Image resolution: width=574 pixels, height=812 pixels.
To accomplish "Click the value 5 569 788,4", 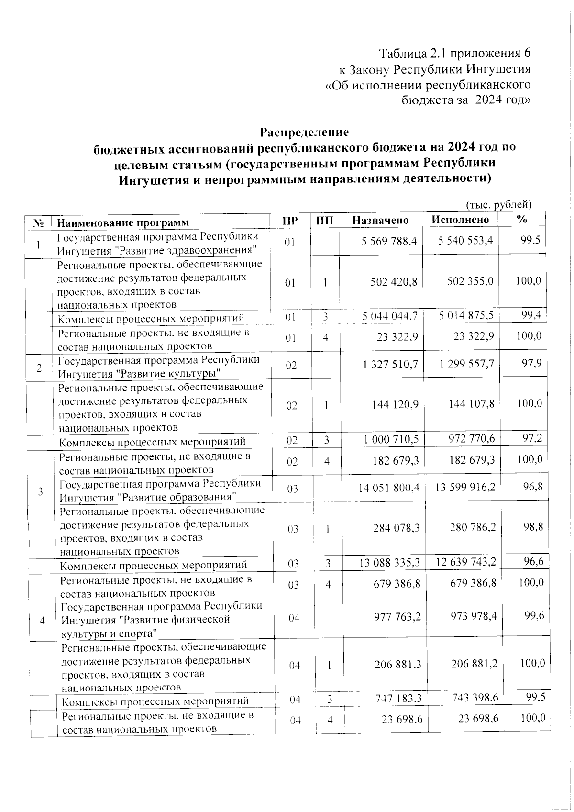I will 389,241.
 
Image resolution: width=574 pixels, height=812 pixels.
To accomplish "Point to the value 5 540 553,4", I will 465,241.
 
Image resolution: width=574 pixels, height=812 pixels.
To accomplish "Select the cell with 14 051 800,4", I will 389,488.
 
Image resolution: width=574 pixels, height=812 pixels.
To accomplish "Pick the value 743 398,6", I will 471,698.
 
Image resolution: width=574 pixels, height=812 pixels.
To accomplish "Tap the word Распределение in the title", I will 304,132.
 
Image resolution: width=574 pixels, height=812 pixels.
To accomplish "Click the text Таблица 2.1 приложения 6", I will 455,52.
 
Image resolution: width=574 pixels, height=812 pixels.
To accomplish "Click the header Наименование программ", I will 123,222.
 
